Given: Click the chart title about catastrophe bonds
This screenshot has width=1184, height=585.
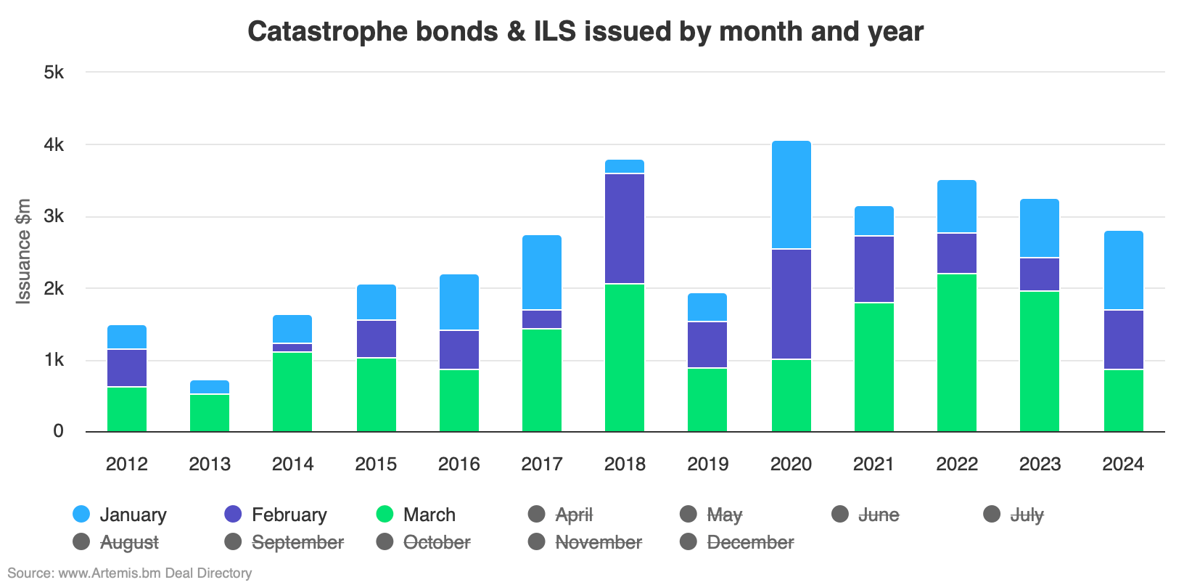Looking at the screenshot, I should (x=585, y=31).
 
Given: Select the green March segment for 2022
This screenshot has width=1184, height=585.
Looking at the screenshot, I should (x=956, y=352).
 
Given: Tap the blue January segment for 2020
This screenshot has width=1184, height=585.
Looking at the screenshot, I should (x=791, y=195).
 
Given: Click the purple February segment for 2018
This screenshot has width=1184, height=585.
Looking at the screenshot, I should (x=625, y=229).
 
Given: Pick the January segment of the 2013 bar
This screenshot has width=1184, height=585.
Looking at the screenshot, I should (x=210, y=387).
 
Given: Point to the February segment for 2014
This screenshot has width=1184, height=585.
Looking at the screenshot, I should (x=292, y=348).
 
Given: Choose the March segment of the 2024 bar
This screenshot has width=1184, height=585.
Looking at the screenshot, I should (x=1123, y=401).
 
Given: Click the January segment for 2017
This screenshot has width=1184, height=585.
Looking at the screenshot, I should (x=542, y=272).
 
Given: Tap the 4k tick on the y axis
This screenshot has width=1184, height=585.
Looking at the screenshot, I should (x=54, y=145).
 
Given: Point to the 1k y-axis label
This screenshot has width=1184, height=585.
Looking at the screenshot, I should (x=54, y=361).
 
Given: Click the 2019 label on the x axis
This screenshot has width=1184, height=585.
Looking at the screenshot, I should (x=707, y=465).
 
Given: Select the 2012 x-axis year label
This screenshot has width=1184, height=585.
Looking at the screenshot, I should (x=127, y=465).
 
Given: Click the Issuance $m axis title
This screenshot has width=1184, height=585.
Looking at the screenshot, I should (x=24, y=251).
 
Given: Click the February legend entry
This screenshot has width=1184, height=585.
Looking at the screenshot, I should (x=289, y=515).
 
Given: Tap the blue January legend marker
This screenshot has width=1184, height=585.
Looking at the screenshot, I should (x=82, y=515).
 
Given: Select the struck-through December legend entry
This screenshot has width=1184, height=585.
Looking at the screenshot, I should (x=749, y=542).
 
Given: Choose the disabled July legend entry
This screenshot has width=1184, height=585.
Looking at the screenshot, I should (x=1026, y=515).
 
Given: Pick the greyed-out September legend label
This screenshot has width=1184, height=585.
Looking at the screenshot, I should (x=297, y=542).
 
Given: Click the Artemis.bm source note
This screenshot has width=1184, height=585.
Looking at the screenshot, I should (x=130, y=573).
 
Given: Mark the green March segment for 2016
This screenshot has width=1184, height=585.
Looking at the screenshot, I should (x=459, y=401).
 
